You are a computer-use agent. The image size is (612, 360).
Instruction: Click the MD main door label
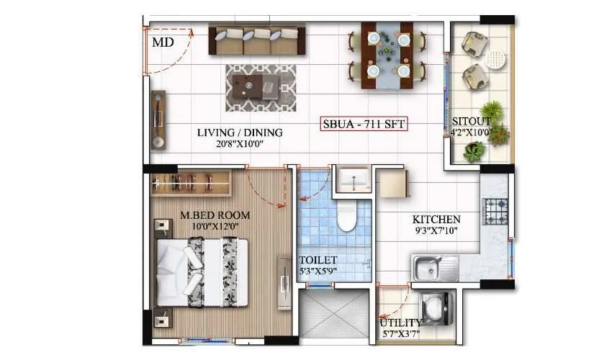tap(163, 42)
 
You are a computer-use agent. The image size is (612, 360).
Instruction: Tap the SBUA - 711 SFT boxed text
tap(364, 125)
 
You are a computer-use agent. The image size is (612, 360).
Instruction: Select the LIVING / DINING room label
tap(240, 132)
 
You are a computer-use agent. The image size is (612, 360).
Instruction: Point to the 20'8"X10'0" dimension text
tap(240, 143)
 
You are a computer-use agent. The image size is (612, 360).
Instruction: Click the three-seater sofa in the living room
tap(257, 40)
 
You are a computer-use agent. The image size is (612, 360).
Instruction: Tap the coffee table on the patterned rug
tap(261, 86)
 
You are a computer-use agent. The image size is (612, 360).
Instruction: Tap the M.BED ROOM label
tap(216, 215)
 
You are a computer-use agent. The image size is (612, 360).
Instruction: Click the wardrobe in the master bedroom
tap(191, 184)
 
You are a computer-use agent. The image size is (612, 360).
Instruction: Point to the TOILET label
tap(317, 260)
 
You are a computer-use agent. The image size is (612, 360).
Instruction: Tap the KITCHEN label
tap(436, 220)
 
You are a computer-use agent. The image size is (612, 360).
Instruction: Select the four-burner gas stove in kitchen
tap(495, 210)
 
